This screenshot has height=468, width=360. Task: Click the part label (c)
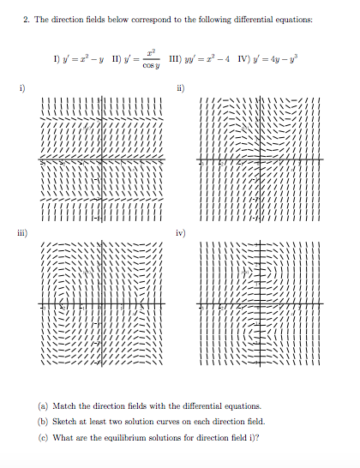tap(44, 439)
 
